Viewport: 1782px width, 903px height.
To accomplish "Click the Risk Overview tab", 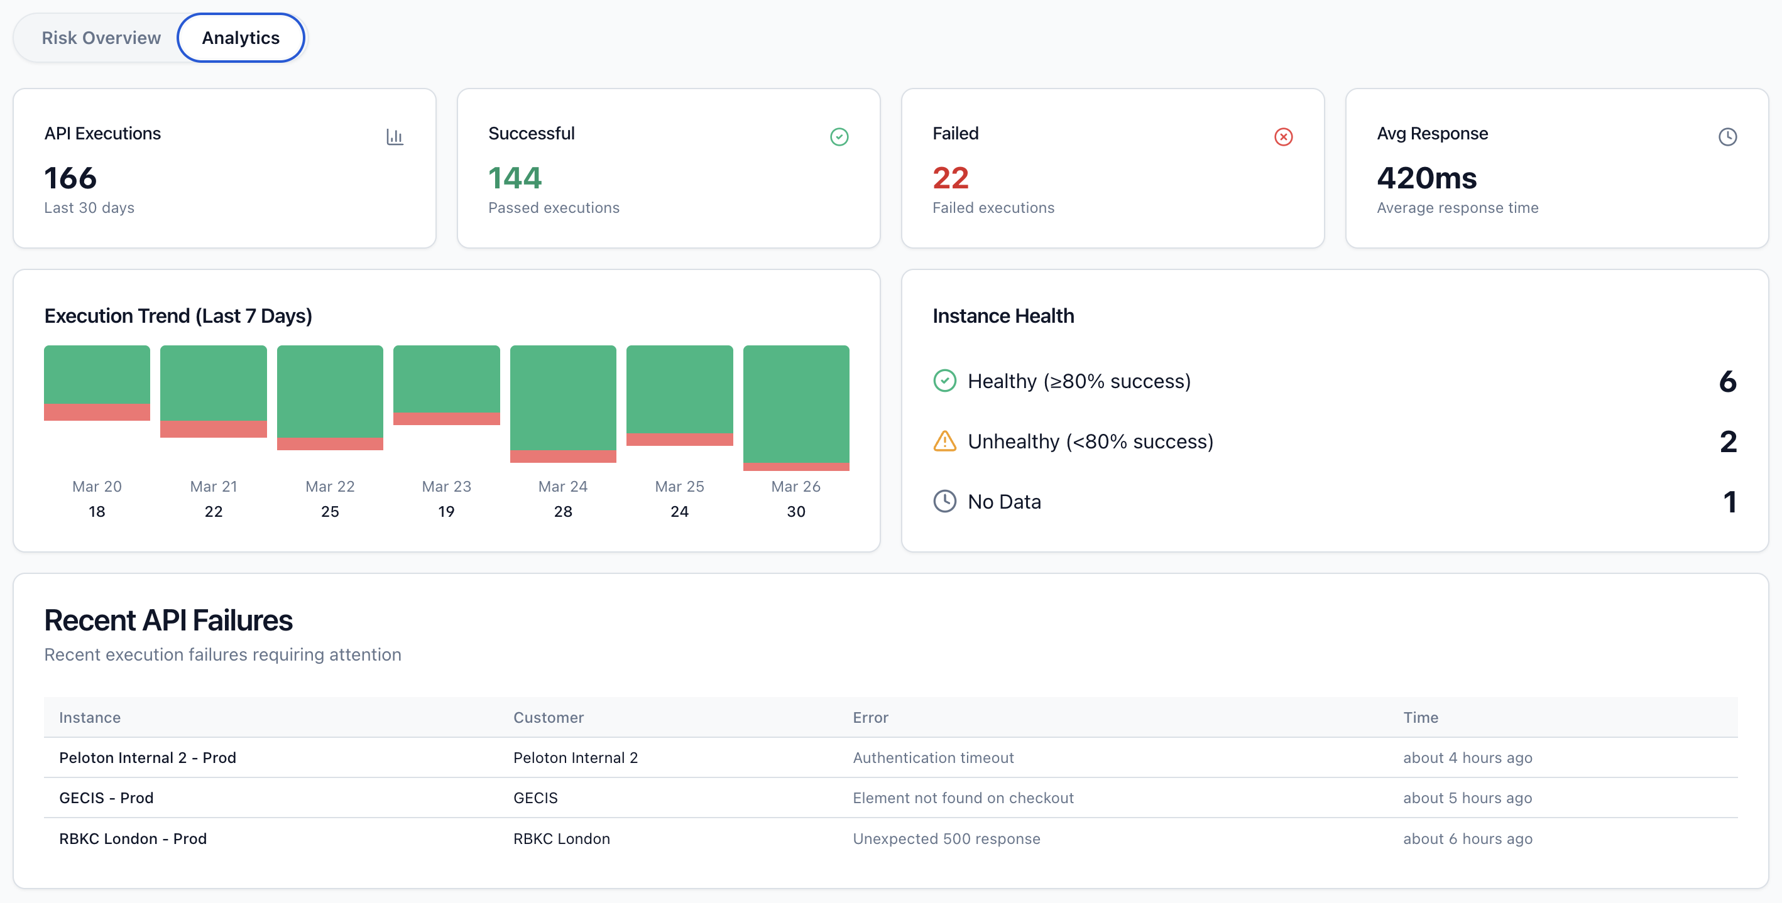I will click(x=101, y=38).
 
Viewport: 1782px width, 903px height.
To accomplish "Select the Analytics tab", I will click(x=241, y=38).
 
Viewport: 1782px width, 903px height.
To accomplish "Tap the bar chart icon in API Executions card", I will click(x=395, y=137).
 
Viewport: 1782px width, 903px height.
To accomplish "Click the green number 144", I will click(x=515, y=178).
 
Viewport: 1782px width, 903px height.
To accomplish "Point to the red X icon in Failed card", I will click(x=1283, y=137).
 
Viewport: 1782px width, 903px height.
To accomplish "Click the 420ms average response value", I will click(x=1426, y=178).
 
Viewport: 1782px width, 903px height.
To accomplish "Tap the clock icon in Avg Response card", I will click(x=1727, y=137).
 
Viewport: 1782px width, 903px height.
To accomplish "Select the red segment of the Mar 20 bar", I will click(x=97, y=412).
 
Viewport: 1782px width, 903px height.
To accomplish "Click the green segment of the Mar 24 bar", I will click(x=563, y=397).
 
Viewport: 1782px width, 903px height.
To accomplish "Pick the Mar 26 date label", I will click(x=795, y=487).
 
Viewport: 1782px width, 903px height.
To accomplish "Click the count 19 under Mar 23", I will click(x=446, y=512).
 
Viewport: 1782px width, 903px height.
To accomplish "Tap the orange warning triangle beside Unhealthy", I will click(x=944, y=441).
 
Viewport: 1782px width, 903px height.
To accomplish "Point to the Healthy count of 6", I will click(x=1727, y=381).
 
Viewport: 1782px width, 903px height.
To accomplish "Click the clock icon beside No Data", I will click(x=944, y=501).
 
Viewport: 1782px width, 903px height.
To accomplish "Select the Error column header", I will click(x=870, y=718).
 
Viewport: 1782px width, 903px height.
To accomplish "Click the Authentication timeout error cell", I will click(x=933, y=758).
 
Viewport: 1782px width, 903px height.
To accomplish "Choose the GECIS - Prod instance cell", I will click(x=107, y=798).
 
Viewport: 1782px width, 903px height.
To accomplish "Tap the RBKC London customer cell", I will click(x=561, y=839).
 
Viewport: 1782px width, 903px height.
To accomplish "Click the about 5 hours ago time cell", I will click(x=1467, y=798).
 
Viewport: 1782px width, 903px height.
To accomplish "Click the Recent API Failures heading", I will click(x=168, y=620).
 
